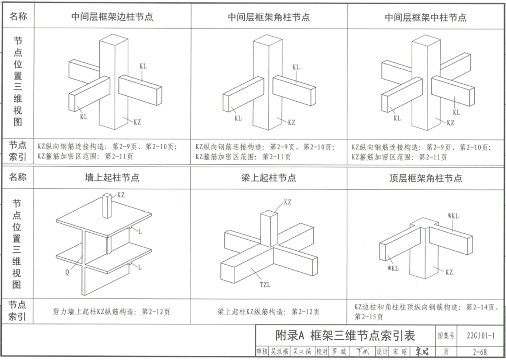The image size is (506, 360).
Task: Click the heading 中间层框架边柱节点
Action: [112, 17]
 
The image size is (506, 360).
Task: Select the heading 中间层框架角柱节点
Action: [268, 17]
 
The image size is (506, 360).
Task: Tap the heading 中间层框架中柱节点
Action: [425, 17]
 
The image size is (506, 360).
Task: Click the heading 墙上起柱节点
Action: [112, 178]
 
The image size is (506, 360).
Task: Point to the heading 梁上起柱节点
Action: [268, 178]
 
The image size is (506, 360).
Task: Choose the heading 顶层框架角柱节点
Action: [425, 178]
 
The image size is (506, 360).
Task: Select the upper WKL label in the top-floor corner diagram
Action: [454, 216]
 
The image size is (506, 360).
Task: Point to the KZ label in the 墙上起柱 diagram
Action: [121, 194]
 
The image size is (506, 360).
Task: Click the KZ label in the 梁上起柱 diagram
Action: [287, 202]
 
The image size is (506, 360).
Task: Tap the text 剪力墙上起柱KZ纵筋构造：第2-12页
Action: [112, 311]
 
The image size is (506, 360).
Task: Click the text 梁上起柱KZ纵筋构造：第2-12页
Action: [268, 311]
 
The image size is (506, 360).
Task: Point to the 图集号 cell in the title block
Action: [446, 335]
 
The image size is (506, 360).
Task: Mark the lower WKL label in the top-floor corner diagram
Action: [393, 268]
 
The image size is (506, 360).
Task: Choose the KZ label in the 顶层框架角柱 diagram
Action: [449, 272]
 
